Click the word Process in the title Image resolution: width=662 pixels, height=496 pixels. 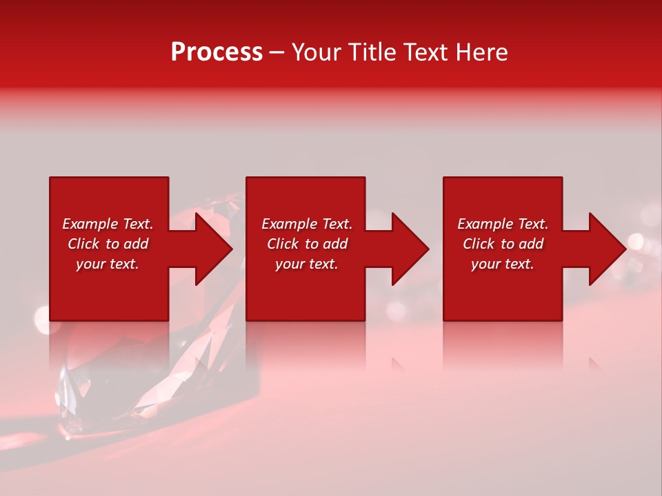[x=217, y=52]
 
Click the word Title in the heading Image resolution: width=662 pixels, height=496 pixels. [x=372, y=52]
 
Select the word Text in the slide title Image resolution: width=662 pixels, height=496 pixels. [x=428, y=52]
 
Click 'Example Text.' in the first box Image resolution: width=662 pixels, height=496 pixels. [x=108, y=224]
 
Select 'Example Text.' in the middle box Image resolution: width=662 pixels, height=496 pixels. [x=307, y=224]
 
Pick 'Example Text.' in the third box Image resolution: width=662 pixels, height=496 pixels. [x=503, y=224]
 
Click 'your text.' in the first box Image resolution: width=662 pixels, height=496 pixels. [x=108, y=264]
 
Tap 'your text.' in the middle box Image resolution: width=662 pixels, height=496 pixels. [x=307, y=264]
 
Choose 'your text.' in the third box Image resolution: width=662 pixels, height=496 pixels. [x=503, y=264]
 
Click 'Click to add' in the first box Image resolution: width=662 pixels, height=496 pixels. [x=108, y=244]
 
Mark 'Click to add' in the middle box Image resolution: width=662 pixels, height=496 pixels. [x=307, y=244]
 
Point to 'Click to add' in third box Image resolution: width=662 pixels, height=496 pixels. [x=503, y=244]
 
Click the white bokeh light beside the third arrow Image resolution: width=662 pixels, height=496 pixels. [x=635, y=242]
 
